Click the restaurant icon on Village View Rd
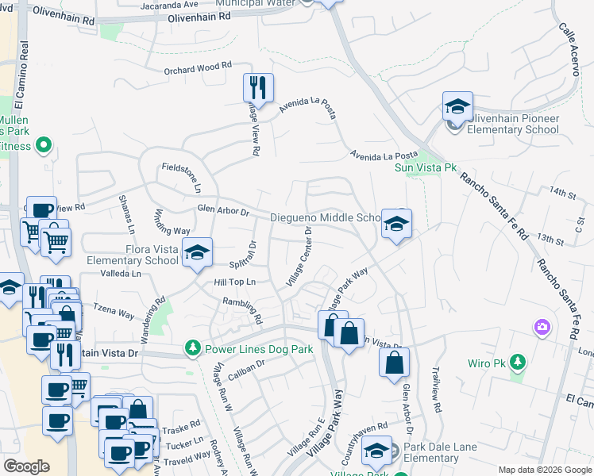(258, 87)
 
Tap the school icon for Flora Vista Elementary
(197, 252)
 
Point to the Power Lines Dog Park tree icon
(192, 348)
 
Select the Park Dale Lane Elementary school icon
(376, 451)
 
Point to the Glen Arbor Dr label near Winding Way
(223, 211)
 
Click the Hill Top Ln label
(235, 282)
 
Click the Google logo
(26, 466)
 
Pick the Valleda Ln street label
(120, 274)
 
